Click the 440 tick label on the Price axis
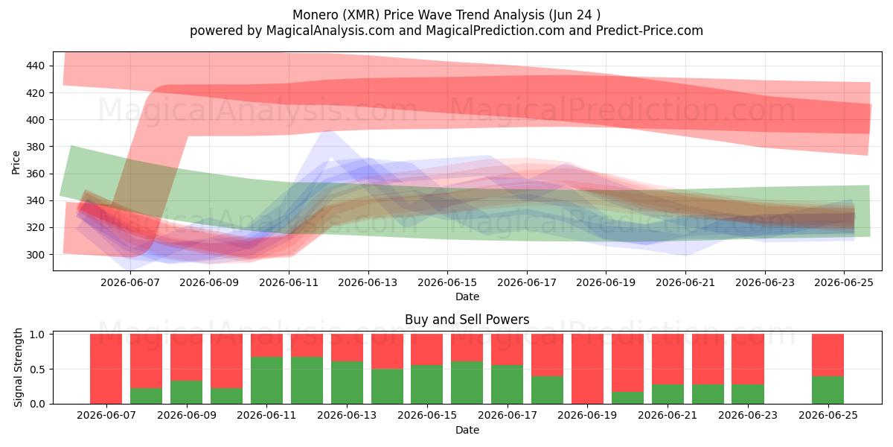(x=35, y=66)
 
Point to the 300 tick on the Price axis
(x=35, y=255)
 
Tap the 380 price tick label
(x=35, y=147)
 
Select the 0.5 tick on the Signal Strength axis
(x=37, y=370)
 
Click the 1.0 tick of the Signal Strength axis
(x=37, y=334)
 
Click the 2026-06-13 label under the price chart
(x=368, y=283)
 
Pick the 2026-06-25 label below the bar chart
(x=828, y=416)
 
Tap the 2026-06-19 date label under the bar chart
(x=587, y=416)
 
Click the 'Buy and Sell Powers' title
(x=467, y=320)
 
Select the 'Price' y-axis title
(x=16, y=162)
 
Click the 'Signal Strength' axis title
(x=18, y=367)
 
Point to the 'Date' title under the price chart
(x=467, y=297)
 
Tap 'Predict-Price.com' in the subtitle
(x=650, y=31)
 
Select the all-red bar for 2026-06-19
(x=587, y=370)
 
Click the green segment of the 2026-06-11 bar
(x=266, y=381)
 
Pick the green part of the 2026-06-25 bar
(x=828, y=390)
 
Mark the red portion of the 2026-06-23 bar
(x=747, y=359)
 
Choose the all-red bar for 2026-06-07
(x=106, y=370)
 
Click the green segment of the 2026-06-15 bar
(x=427, y=384)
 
